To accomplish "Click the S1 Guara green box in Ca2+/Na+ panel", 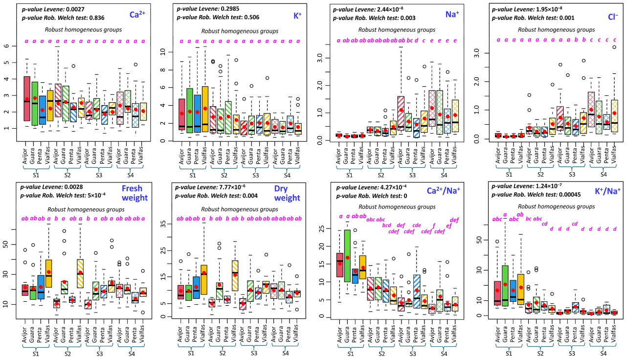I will pyautogui.click(x=348, y=263).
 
